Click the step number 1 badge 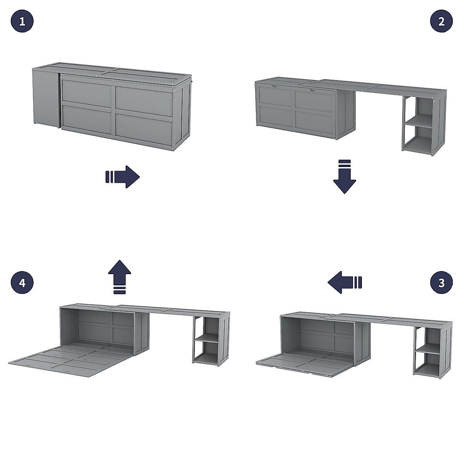point(22,21)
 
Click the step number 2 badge point(442,21)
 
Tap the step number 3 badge point(442,283)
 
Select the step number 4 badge point(22,283)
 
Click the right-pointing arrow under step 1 point(123,177)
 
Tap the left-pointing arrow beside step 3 point(344,282)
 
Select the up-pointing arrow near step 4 point(119,277)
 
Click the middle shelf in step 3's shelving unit point(427,352)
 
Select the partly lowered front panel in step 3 point(302,365)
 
